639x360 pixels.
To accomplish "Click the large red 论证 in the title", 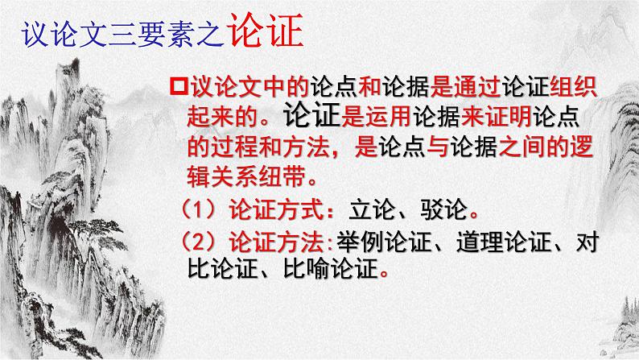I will pos(266,32).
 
